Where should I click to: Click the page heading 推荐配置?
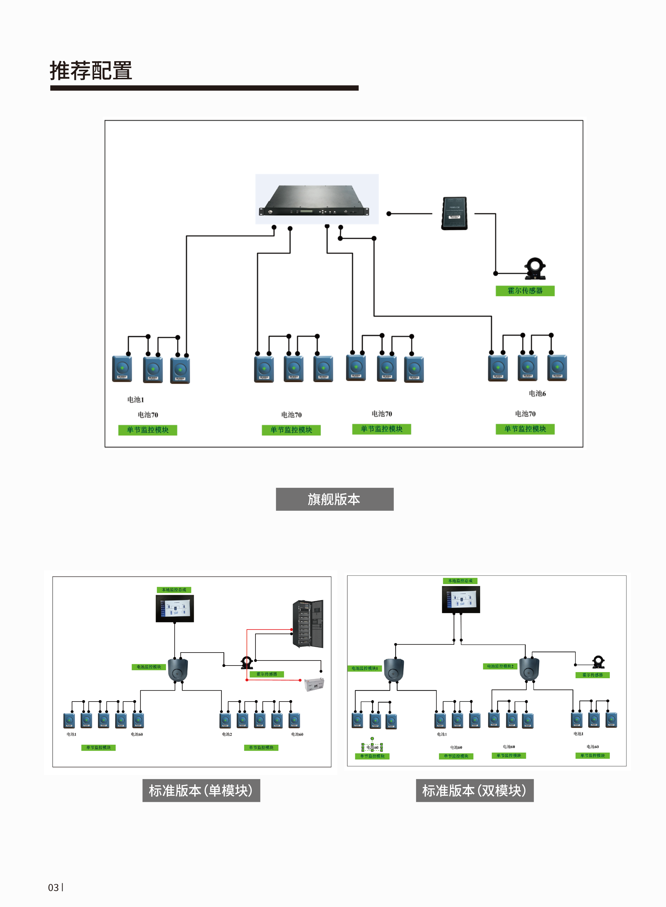(91, 71)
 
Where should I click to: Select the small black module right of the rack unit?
(454, 213)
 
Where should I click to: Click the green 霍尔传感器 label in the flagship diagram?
(525, 291)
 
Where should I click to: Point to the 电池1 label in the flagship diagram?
(136, 400)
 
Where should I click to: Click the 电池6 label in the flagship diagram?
(537, 394)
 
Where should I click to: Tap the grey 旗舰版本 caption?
(335, 499)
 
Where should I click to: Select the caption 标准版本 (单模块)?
(201, 790)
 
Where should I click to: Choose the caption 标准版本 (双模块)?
(475, 790)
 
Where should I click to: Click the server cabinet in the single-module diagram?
(308, 624)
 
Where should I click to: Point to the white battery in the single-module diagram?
(314, 684)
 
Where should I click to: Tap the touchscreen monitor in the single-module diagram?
(174, 609)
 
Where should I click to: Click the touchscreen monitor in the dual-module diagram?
(461, 599)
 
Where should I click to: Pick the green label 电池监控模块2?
(500, 666)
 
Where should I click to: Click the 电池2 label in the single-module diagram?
(227, 734)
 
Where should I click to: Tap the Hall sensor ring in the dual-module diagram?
(598, 662)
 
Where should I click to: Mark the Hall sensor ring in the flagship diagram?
(535, 268)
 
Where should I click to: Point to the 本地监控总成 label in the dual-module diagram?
(460, 581)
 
